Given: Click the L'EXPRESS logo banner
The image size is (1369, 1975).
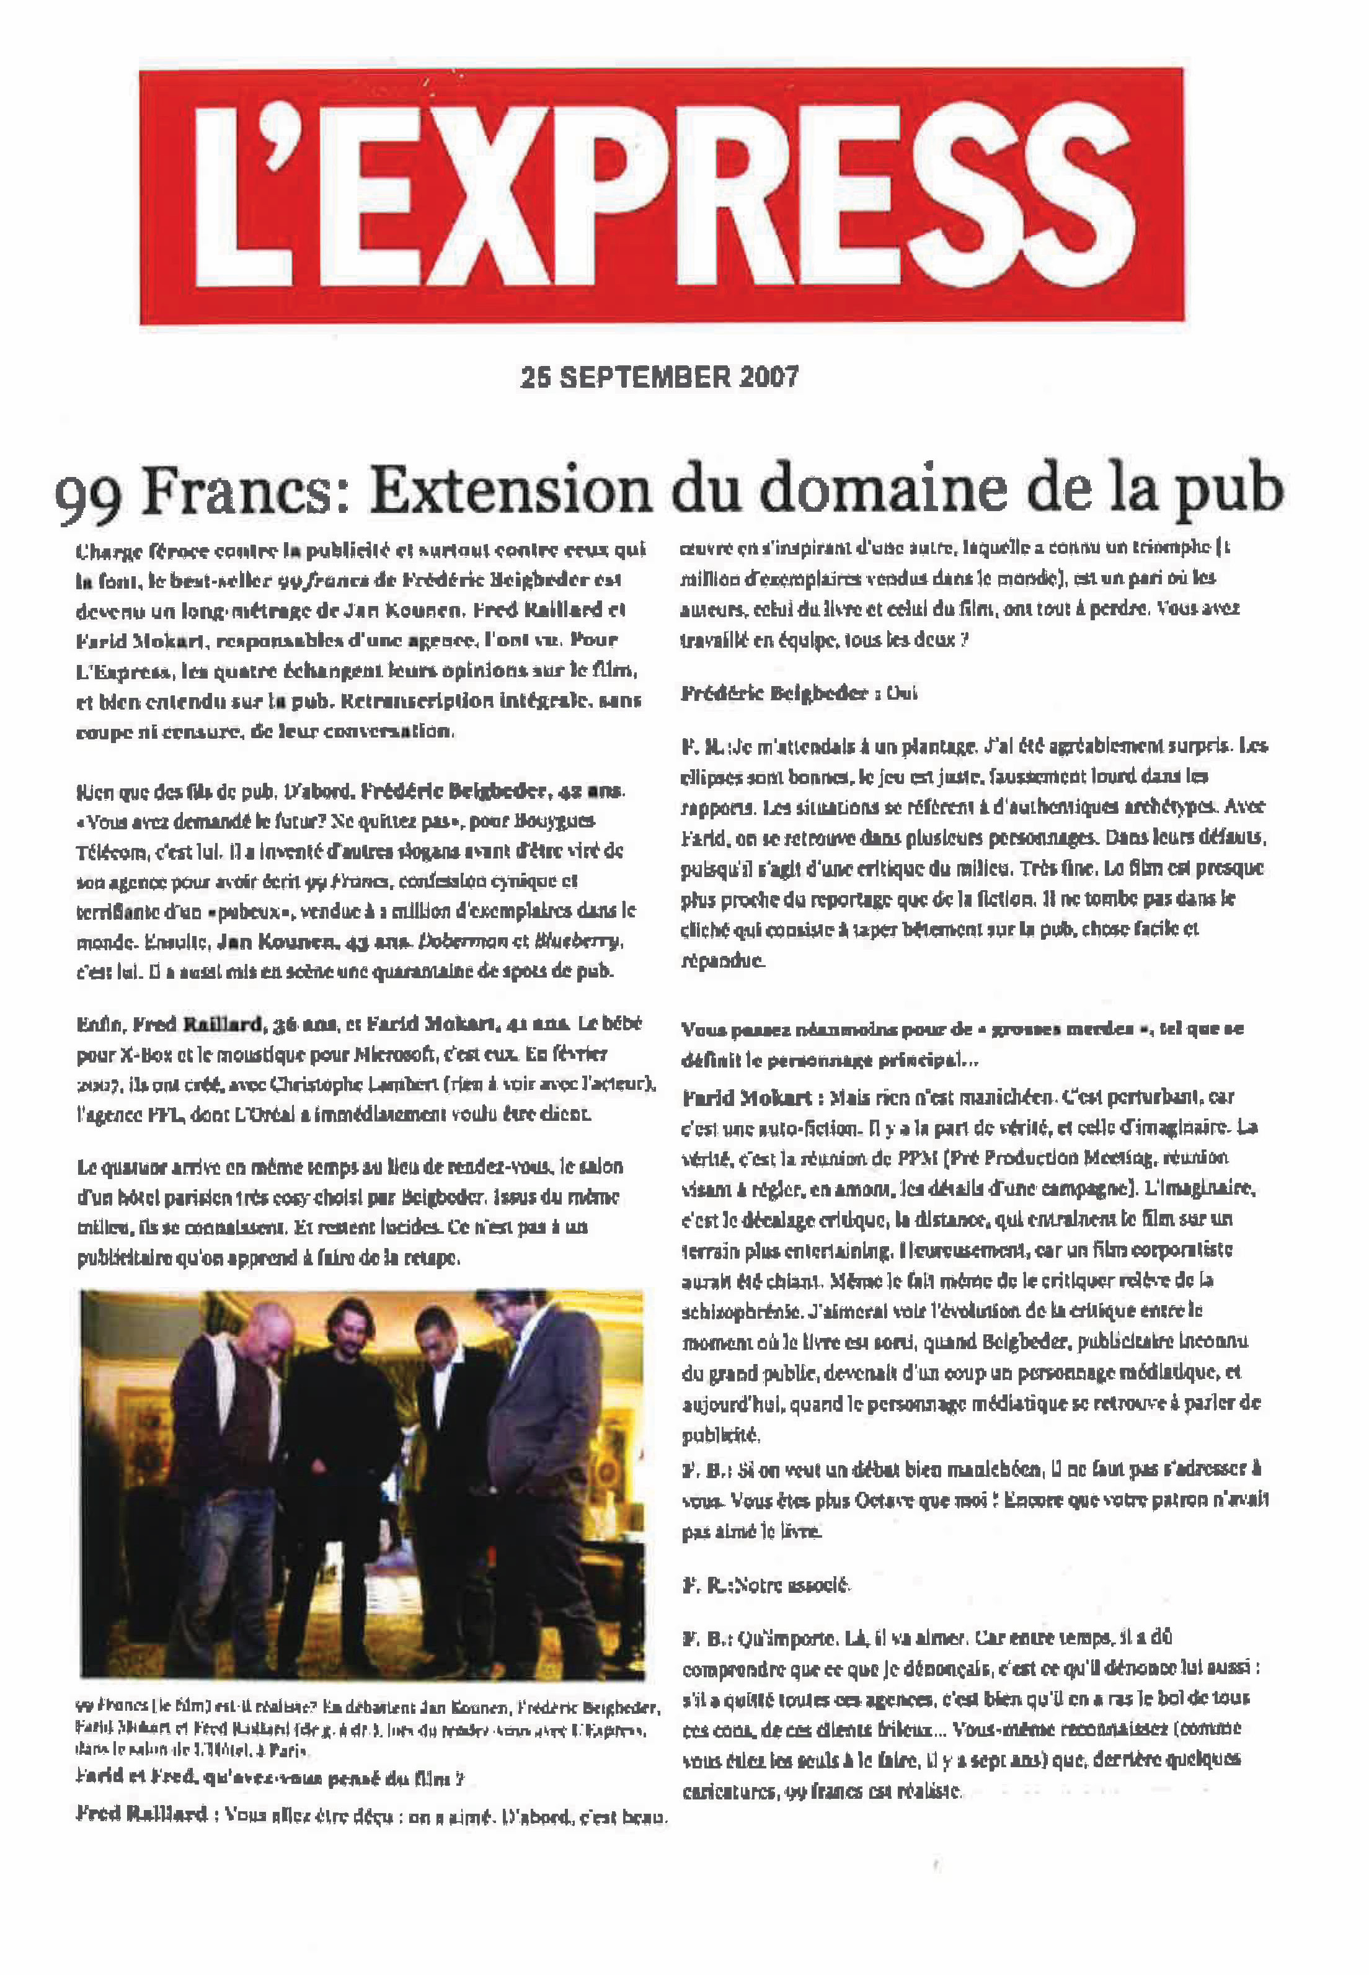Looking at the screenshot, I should coord(662,195).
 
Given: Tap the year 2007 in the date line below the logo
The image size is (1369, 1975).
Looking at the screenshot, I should coord(767,378).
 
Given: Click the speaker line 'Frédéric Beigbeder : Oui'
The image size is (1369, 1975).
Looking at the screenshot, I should coord(799,693).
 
